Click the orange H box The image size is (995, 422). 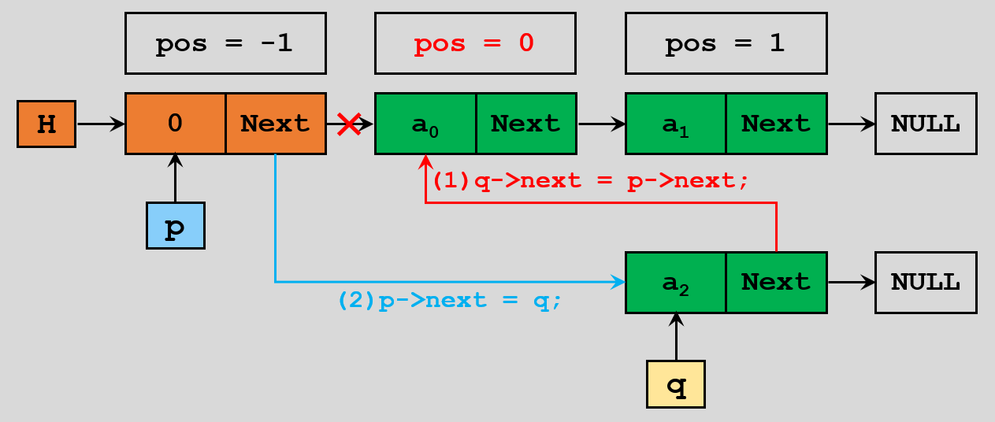tap(46, 124)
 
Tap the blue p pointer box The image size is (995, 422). tap(175, 226)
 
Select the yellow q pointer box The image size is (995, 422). tap(675, 385)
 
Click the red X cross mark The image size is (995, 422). tap(348, 123)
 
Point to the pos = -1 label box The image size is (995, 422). tap(225, 43)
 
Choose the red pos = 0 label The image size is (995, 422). tap(475, 43)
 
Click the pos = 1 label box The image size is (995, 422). tap(726, 43)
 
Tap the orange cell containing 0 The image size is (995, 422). tap(176, 124)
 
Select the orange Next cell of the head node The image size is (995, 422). tap(276, 124)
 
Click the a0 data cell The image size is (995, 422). tap(425, 124)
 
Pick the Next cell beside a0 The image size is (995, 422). tap(525, 124)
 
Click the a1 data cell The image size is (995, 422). tap(675, 124)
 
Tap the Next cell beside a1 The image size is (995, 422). tap(776, 124)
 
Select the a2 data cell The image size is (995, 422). tap(675, 282)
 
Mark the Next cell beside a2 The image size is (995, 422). tap(776, 282)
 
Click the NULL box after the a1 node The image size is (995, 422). tap(926, 124)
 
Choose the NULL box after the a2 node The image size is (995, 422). tap(926, 282)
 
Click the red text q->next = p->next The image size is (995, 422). tap(590, 180)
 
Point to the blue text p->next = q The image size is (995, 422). tap(450, 301)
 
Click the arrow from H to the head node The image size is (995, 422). tap(100, 124)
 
